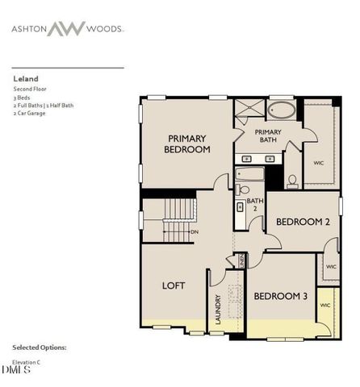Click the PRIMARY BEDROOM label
coord(187,144)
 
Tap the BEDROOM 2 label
coord(303,221)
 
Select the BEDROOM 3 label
coord(281,296)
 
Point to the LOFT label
coord(174,285)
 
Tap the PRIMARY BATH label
coord(266,135)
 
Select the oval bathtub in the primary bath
coord(283,110)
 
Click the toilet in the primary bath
coord(292,181)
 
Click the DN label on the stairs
coord(194,232)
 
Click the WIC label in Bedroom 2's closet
coord(331,267)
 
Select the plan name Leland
coord(25,79)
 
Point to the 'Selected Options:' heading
coord(40,347)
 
